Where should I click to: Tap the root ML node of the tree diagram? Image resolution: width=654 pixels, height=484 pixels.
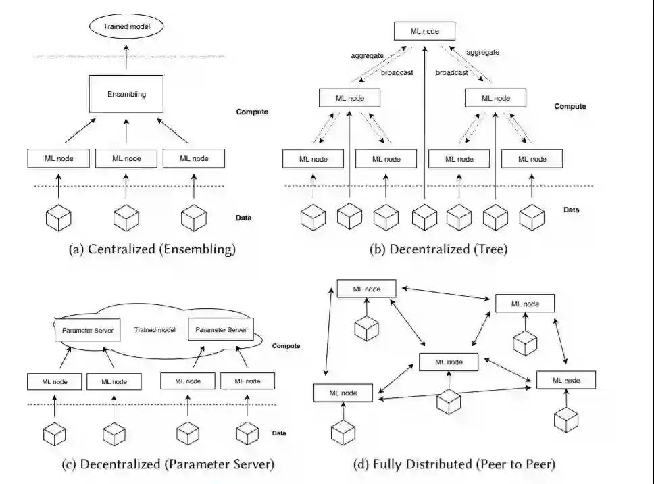(424, 31)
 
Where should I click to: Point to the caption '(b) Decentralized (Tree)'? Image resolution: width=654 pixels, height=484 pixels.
(438, 249)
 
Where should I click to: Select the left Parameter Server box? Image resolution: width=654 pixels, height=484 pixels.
(87, 330)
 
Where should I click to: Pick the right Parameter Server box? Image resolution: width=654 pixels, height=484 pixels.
(220, 329)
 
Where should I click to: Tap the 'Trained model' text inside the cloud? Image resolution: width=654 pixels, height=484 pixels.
(155, 330)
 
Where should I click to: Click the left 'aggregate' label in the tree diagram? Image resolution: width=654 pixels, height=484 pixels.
(368, 55)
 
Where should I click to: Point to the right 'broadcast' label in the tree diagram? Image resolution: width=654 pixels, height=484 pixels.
(451, 72)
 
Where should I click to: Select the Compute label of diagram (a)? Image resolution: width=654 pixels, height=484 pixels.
(253, 112)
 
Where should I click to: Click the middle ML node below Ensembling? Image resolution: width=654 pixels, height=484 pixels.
(126, 158)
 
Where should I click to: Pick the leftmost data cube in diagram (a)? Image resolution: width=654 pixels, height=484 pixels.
(58, 218)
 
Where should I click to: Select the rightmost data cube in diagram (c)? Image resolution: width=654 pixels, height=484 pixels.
(248, 433)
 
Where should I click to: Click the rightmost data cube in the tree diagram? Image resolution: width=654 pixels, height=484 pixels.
(532, 218)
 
